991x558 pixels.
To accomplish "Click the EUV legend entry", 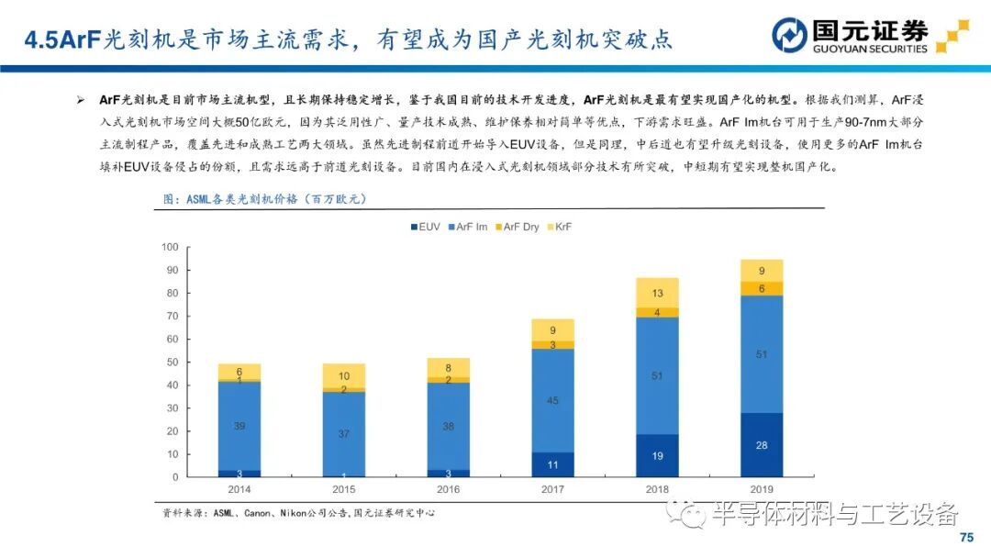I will (426, 226).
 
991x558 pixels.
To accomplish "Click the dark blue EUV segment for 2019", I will (761, 445).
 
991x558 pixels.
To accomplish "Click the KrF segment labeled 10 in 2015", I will (343, 375).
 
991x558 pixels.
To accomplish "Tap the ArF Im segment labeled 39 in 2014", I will (239, 426).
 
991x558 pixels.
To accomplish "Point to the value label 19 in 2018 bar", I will (656, 455).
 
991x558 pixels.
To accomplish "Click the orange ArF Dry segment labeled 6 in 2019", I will (761, 288).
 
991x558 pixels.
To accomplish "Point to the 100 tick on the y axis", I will (169, 247).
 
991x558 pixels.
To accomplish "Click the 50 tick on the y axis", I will (172, 363).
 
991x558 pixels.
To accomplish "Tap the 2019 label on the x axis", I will (761, 490).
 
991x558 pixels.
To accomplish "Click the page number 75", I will (965, 537).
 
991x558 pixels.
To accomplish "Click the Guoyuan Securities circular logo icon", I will (789, 36).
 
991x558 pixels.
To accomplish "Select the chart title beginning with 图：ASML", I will (268, 198).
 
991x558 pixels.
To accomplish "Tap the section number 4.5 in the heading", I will (40, 39).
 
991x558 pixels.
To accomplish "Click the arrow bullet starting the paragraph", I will (81, 99).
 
